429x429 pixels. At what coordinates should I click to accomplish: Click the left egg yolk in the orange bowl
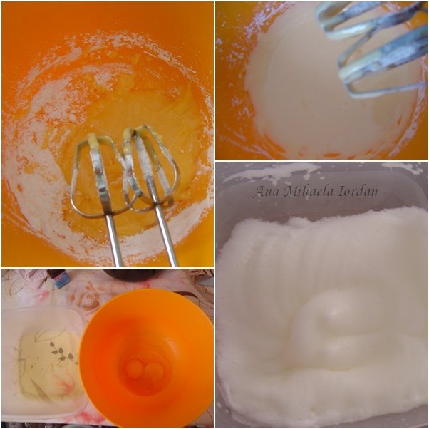[134, 369]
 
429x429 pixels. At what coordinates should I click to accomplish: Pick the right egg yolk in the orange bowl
[155, 371]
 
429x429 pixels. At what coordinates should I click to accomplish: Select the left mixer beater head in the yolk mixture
[99, 175]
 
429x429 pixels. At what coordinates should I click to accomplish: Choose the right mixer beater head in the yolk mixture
[149, 167]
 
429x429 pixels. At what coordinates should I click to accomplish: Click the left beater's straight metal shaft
[113, 240]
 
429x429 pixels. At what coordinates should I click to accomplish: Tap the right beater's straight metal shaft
[166, 234]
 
